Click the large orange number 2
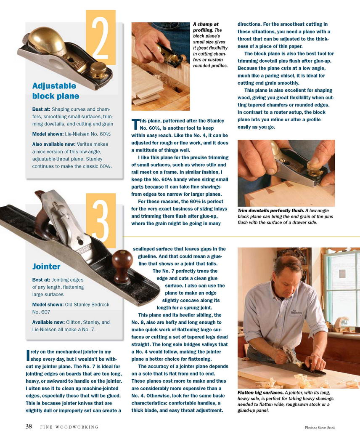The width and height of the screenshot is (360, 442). [x=101, y=37]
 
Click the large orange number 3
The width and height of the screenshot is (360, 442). [x=101, y=221]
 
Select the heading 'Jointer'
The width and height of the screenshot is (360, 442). [x=46, y=266]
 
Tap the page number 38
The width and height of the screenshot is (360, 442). [x=29, y=426]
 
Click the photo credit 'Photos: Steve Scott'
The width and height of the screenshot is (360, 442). [x=320, y=427]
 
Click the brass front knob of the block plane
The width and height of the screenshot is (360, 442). [x=98, y=69]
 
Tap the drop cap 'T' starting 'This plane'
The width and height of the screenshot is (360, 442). [x=135, y=124]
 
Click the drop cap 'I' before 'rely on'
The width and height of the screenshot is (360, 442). [x=28, y=355]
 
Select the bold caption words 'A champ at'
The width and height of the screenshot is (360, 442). [x=206, y=24]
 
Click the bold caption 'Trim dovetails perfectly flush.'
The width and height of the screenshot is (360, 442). [x=271, y=210]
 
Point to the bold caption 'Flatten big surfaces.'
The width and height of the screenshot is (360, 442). [x=261, y=392]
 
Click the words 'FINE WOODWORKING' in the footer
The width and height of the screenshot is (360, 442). [x=69, y=427]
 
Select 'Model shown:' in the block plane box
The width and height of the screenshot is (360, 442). [x=48, y=134]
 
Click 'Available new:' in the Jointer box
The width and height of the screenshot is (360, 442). [x=48, y=322]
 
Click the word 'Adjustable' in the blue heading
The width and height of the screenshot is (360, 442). [x=54, y=86]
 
